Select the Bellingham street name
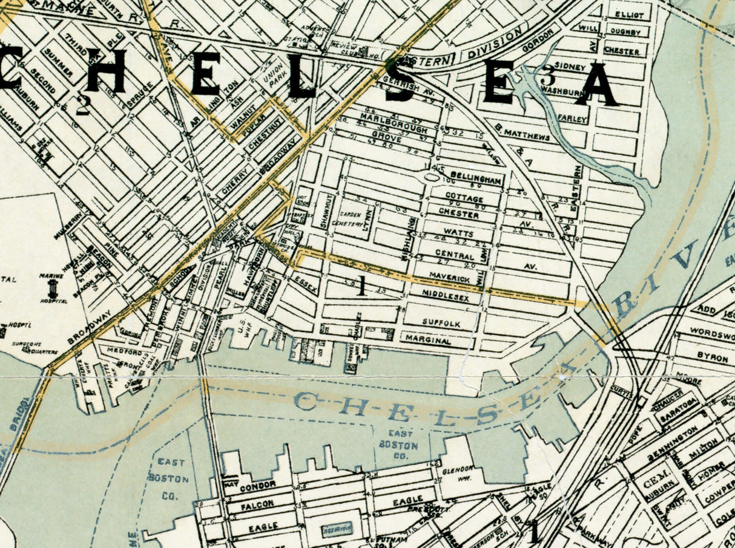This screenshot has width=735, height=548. tap(475, 180)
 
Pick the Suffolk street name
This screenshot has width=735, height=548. tap(441, 323)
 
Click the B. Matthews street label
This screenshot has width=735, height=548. tap(522, 134)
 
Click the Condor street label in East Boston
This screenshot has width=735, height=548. tap(257, 486)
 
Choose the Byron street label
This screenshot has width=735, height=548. tap(712, 357)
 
